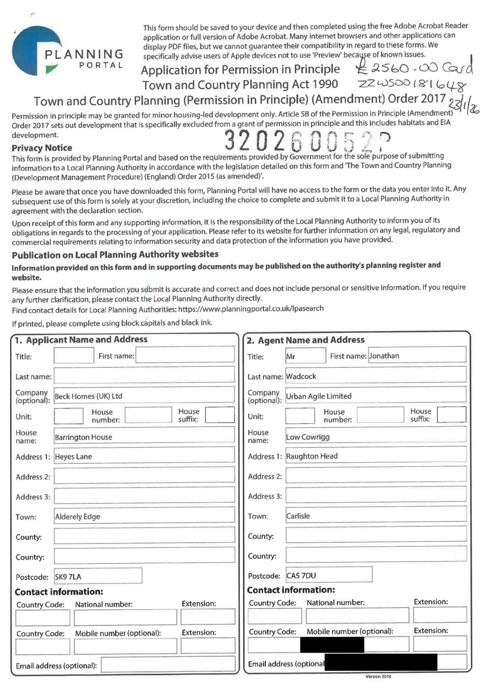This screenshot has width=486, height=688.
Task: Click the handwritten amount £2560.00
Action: tap(414, 68)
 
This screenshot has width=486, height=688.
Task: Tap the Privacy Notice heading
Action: tap(42, 148)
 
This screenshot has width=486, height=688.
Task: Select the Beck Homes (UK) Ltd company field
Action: tap(144, 396)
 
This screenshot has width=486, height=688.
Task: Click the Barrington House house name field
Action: tap(144, 437)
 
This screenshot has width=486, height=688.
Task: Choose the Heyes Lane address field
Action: tap(144, 457)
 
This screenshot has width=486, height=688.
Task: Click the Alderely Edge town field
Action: tap(144, 516)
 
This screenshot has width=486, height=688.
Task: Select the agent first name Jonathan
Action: tap(417, 356)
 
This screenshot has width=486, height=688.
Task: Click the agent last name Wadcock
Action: tap(376, 376)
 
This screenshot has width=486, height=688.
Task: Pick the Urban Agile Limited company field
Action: tap(376, 396)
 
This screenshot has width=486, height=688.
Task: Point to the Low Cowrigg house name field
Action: tap(376, 437)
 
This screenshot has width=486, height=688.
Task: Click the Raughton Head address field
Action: tap(376, 456)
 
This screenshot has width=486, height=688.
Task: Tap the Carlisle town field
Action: tap(376, 516)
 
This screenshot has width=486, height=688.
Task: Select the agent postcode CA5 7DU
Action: tap(329, 575)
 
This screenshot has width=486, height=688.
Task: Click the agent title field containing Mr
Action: tap(305, 356)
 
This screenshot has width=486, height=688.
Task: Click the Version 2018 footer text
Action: tap(378, 676)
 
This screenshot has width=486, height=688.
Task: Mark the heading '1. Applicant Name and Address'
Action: tap(81, 340)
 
